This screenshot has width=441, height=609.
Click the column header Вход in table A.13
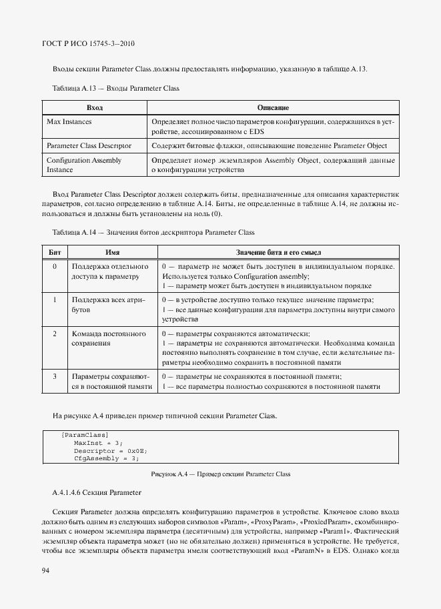click(x=95, y=107)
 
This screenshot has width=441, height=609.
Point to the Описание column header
click(x=272, y=107)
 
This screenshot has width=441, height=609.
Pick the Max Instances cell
click(x=69, y=122)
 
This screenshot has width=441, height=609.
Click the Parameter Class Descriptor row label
click(x=89, y=145)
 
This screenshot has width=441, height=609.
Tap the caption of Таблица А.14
click(x=153, y=231)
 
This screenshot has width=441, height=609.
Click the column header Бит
click(x=54, y=252)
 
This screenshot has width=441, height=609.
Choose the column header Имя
click(x=112, y=252)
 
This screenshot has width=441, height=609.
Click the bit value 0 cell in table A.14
click(x=54, y=267)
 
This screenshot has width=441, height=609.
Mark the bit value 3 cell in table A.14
click(x=54, y=376)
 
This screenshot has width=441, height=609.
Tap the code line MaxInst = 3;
click(x=98, y=442)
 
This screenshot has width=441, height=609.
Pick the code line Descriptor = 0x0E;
click(x=110, y=450)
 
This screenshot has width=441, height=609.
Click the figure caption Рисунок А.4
click(x=220, y=474)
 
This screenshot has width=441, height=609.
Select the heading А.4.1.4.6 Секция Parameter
click(x=96, y=492)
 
